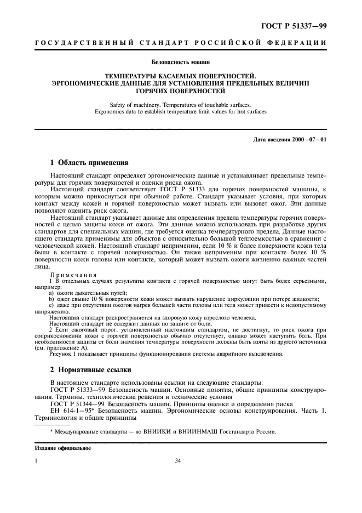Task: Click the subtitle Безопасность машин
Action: coord(181,62)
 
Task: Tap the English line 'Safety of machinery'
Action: coord(181,104)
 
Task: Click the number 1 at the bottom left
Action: coord(36,461)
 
